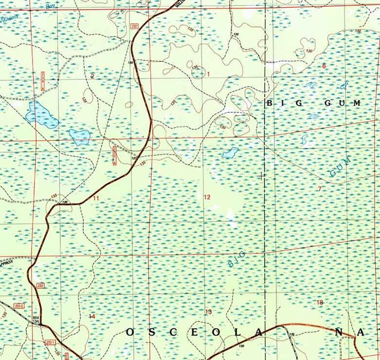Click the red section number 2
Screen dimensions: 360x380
pyautogui.click(x=92, y=76)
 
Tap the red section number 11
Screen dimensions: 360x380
pyautogui.click(x=96, y=198)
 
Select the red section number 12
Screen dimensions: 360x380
pyautogui.click(x=207, y=197)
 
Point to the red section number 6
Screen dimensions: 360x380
pyautogui.click(x=324, y=66)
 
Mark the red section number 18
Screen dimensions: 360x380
pyautogui.click(x=320, y=302)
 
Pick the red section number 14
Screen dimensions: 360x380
pyautogui.click(x=92, y=316)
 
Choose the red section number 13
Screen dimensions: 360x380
pyautogui.click(x=208, y=312)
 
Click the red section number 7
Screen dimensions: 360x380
pyautogui.click(x=320, y=189)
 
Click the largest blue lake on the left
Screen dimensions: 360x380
pyautogui.click(x=42, y=114)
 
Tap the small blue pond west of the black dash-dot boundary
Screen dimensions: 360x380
pyautogui.click(x=230, y=153)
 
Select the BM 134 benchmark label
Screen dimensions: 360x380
pyautogui.click(x=35, y=320)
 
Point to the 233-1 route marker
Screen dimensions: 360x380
pyautogui.click(x=51, y=342)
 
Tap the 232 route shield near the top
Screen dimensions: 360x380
pyautogui.click(x=134, y=26)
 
